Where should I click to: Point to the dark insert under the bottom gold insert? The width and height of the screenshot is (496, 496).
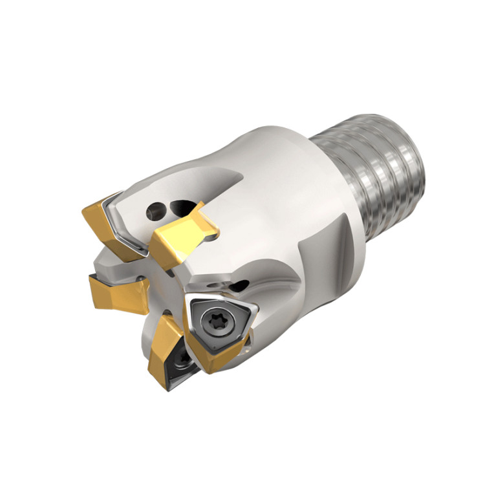(x=176, y=371)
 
